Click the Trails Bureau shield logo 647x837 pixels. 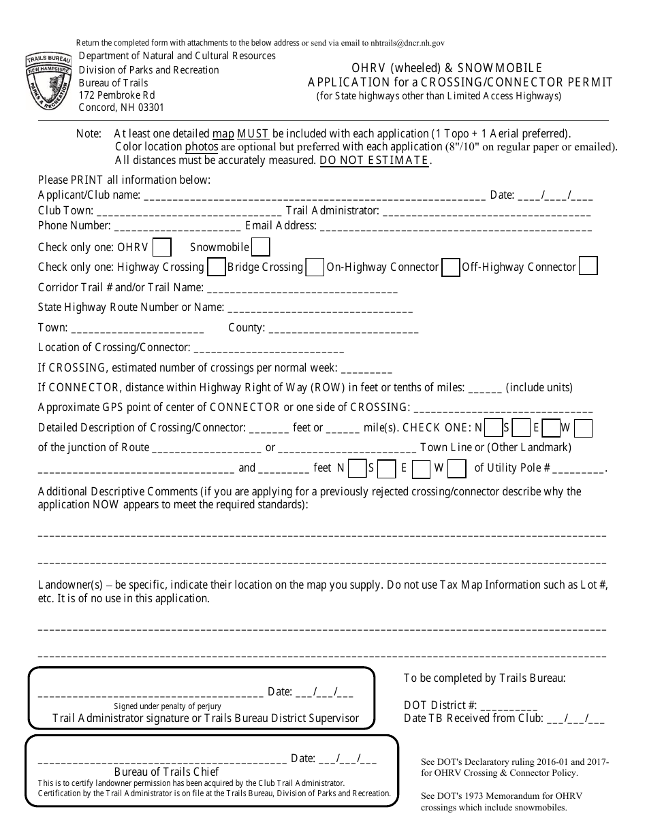click(50, 82)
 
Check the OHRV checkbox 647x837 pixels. click(162, 247)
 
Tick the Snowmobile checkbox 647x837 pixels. click(261, 247)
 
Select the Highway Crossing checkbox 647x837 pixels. click(217, 267)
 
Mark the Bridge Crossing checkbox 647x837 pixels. click(315, 267)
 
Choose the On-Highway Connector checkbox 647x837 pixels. click(450, 267)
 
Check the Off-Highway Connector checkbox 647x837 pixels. click(588, 266)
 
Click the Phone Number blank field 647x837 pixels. click(176, 227)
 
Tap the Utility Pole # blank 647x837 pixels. click(583, 470)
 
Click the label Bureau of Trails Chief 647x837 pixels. click(167, 772)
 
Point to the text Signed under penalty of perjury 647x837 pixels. click(168, 706)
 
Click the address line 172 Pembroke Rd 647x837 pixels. click(117, 95)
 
